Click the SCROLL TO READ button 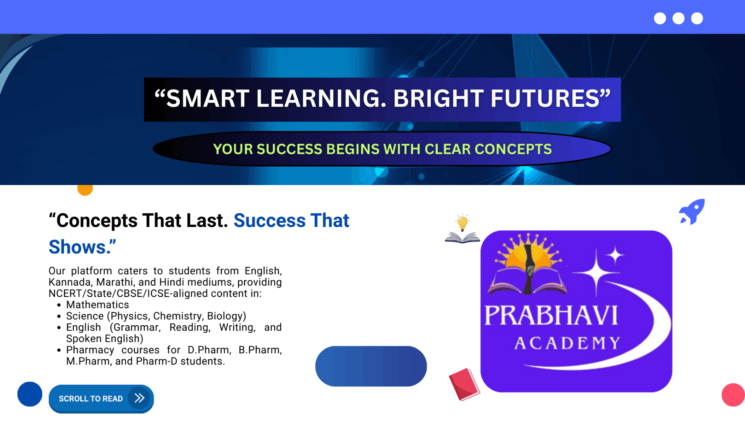point(101,399)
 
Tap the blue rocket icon point(692,212)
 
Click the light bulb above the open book point(462,222)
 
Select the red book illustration point(464,384)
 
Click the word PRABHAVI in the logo point(551,315)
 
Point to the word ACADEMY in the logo point(567,343)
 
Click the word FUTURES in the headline point(545,98)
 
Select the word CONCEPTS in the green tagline point(513,149)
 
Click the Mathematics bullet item point(97,305)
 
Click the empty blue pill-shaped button point(371,366)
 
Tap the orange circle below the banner point(85,190)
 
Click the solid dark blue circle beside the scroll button point(30,394)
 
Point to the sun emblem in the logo point(528,255)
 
